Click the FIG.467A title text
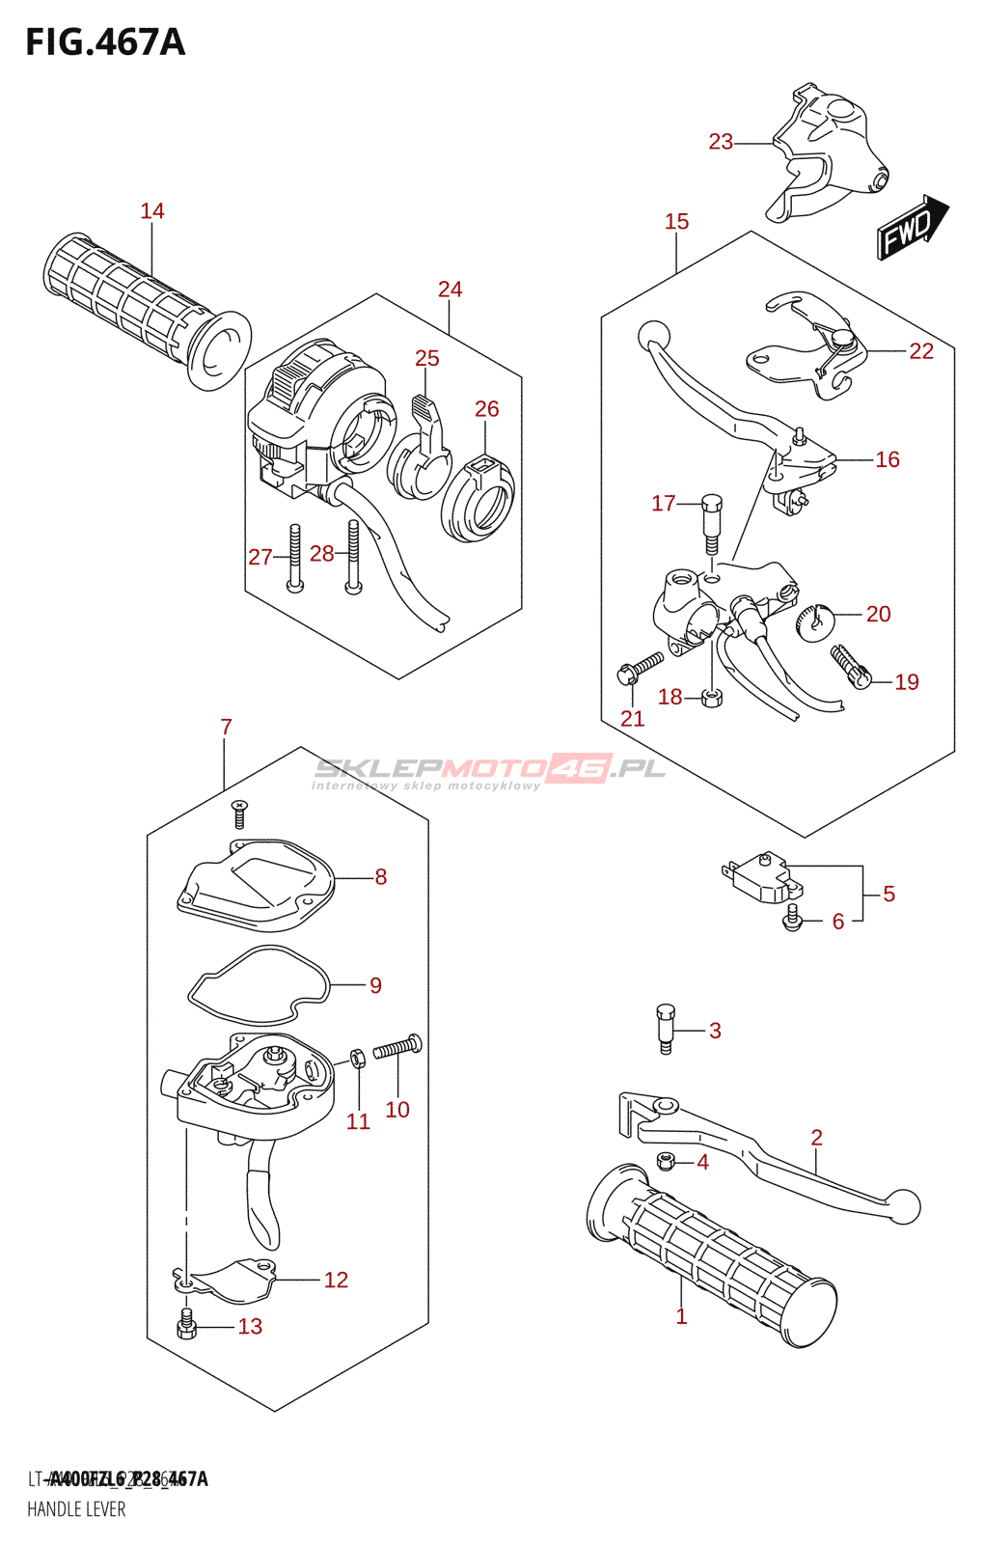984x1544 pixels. click(104, 42)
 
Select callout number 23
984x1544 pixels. click(721, 142)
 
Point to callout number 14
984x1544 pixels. click(152, 211)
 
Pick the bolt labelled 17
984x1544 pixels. click(712, 521)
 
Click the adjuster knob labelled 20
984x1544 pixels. click(815, 619)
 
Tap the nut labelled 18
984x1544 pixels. click(712, 697)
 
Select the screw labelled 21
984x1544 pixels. click(641, 668)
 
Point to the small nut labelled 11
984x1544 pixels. click(357, 1059)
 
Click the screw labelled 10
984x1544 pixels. click(397, 1047)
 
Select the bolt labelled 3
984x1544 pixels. click(666, 1029)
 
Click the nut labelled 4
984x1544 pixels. click(665, 1160)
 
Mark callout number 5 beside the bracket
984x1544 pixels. click(888, 895)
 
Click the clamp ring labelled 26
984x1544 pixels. click(478, 498)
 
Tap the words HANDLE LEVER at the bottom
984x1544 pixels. click(76, 1509)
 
